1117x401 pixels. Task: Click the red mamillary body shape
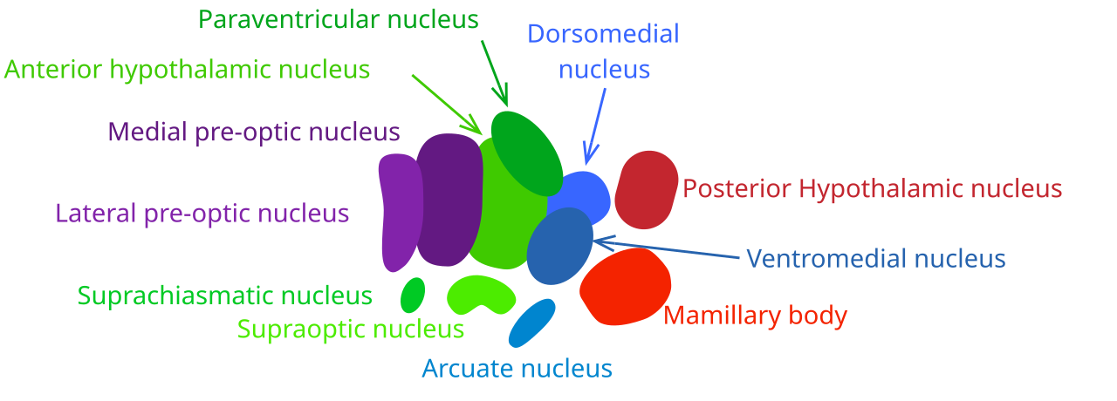point(625,287)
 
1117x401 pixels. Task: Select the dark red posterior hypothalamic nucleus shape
point(647,190)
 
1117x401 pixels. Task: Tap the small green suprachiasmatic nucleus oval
point(413,295)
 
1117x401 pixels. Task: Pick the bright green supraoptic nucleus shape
point(481,294)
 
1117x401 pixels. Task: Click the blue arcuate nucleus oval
point(531,323)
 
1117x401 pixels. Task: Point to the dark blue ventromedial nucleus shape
point(559,246)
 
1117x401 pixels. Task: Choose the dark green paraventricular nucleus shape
point(527,153)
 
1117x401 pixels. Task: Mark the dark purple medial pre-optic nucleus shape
point(449,200)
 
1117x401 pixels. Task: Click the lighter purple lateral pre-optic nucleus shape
point(401,213)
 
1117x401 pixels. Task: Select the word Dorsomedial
point(603,34)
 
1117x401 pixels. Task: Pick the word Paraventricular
point(289,20)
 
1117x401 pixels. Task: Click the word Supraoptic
point(301,330)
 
